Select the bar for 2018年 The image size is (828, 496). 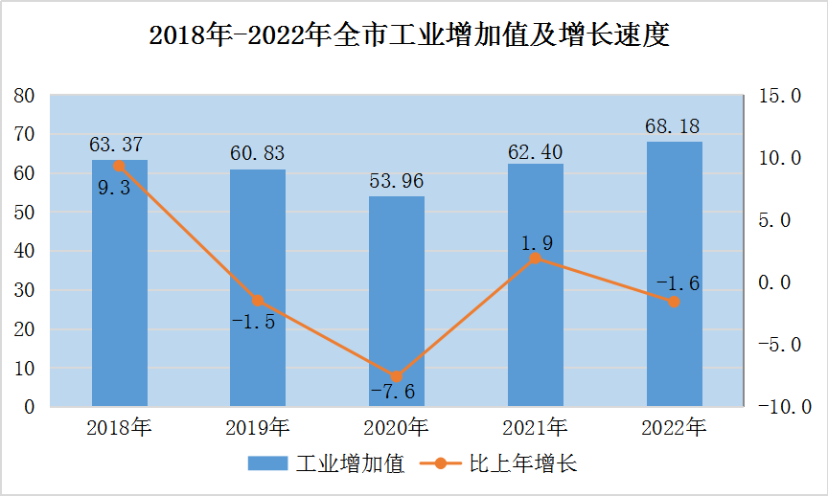(x=119, y=287)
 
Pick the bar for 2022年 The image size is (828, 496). (x=674, y=278)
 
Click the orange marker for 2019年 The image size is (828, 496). (x=258, y=301)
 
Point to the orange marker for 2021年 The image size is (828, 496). (x=536, y=259)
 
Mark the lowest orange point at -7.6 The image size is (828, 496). (x=397, y=376)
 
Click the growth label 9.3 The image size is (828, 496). (x=114, y=188)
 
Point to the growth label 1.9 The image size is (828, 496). (x=537, y=243)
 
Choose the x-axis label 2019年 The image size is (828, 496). (x=258, y=428)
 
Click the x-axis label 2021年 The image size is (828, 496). (x=536, y=428)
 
